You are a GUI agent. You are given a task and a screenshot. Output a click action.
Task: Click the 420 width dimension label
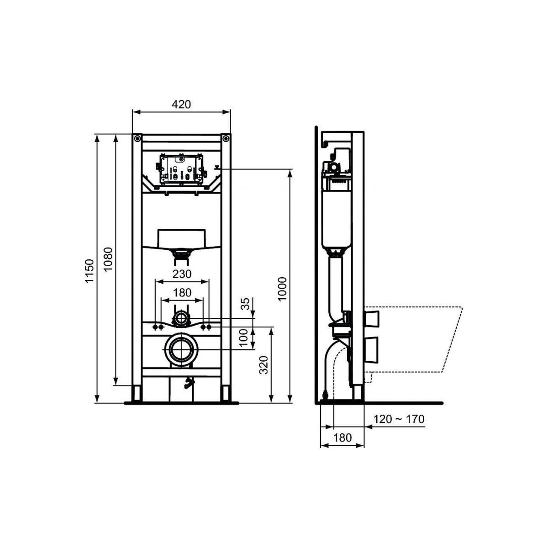pyautogui.click(x=181, y=105)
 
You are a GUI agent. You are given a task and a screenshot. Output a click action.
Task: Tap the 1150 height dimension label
pyautogui.click(x=90, y=271)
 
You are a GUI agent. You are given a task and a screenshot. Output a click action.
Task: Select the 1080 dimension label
pyautogui.click(x=108, y=259)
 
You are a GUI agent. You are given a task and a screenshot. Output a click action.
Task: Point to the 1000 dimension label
pyautogui.click(x=282, y=289)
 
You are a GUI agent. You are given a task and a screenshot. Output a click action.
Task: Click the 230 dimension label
pyautogui.click(x=182, y=274)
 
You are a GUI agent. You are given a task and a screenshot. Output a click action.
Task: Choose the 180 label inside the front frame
pyautogui.click(x=182, y=292)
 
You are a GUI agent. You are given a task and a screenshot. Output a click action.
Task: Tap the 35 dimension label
pyautogui.click(x=245, y=303)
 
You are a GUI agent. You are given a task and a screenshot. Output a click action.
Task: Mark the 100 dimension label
pyautogui.click(x=244, y=338)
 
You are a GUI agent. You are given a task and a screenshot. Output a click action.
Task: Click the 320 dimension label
pyautogui.click(x=264, y=365)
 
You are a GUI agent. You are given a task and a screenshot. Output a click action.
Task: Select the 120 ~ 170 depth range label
pyautogui.click(x=399, y=419)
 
